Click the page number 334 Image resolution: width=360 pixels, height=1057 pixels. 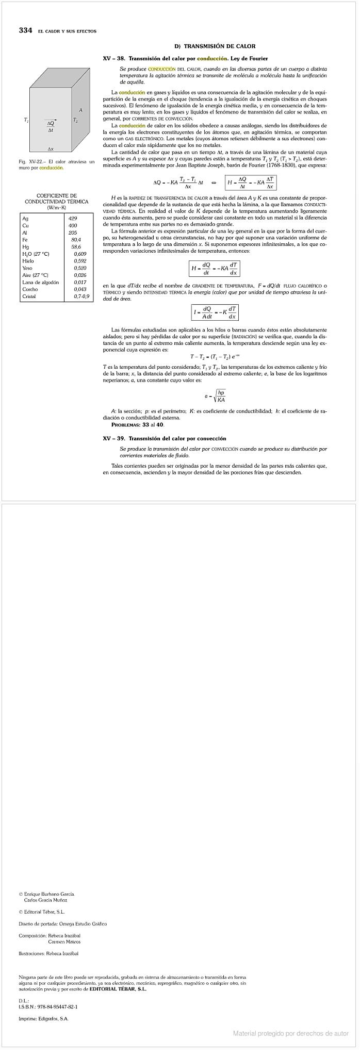pyautogui.click(x=25, y=30)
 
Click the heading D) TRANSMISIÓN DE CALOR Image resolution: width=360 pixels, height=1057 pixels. pyautogui.click(x=215, y=46)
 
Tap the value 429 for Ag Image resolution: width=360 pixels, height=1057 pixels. pyautogui.click(x=73, y=219)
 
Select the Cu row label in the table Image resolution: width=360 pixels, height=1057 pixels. pyautogui.click(x=25, y=226)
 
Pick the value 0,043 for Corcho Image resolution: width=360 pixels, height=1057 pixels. pyautogui.click(x=80, y=289)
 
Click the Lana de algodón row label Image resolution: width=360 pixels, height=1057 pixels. pyautogui.click(x=41, y=282)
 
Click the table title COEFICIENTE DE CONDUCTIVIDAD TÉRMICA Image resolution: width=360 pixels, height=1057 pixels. pyautogui.click(x=56, y=199)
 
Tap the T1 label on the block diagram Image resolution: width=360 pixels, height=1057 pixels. pyautogui.click(x=26, y=120)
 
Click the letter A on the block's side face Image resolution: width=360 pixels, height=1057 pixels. pyautogui.click(x=80, y=110)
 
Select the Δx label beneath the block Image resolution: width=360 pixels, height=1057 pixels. pyautogui.click(x=51, y=149)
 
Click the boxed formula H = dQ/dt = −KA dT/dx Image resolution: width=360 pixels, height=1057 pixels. pyautogui.click(x=214, y=268)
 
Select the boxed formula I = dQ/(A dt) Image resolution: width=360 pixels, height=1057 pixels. pyautogui.click(x=215, y=312)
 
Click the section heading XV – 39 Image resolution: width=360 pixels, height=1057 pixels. pyautogui.click(x=165, y=438)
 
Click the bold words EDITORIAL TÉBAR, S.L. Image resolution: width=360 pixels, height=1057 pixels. pyautogui.click(x=118, y=989)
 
